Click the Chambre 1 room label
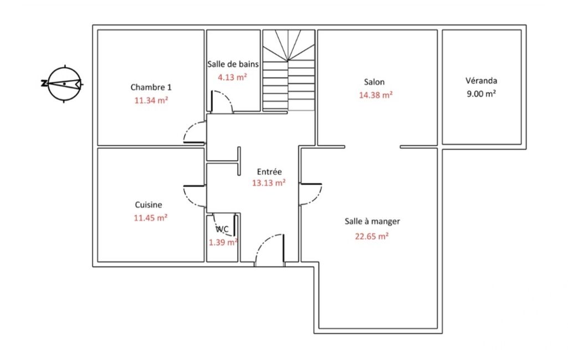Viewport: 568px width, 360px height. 151,88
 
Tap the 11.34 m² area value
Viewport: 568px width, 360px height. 151,100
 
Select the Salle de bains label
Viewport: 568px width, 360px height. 233,64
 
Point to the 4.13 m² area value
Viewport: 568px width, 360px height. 232,77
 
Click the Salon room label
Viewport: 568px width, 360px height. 374,82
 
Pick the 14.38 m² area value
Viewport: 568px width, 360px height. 376,95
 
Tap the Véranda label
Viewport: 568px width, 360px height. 482,80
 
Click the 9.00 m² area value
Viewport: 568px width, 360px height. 482,94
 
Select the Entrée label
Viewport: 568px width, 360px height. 269,172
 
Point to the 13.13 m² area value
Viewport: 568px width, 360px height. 269,183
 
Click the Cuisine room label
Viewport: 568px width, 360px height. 149,205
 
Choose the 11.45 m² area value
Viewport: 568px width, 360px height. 151,218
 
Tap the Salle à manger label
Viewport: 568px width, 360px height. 372,222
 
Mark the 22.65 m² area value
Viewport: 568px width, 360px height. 372,236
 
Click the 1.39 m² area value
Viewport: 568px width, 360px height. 223,242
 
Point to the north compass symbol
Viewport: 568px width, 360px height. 64,84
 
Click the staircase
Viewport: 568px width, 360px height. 288,70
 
